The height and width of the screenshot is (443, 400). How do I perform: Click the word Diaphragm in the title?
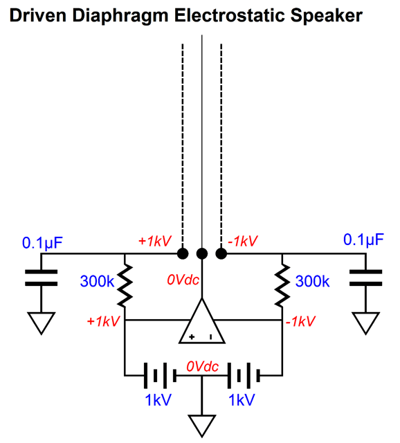coord(120,16)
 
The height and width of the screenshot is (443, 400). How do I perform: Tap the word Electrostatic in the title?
coord(229,15)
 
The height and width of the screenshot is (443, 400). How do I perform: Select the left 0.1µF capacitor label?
coord(42,243)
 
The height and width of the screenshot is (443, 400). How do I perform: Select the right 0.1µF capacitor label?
coord(363,240)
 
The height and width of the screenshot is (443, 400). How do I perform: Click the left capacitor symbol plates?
coord(42,278)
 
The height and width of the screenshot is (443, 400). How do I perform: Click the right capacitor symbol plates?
coord(365,278)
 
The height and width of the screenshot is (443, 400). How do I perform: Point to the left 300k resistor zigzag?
coord(125,285)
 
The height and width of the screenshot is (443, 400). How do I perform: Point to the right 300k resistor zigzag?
coord(282,285)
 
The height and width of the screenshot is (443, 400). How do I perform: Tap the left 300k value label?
coord(97,282)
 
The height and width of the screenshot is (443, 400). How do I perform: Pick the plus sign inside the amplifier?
coord(192,337)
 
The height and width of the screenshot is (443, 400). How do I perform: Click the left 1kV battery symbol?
coord(160,376)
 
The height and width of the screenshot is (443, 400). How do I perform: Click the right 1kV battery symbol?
coord(244,376)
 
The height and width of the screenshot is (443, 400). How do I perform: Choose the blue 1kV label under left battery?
coord(158,400)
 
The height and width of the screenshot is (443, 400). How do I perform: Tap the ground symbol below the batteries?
coord(202,426)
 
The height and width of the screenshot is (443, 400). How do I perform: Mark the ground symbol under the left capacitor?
coord(42,323)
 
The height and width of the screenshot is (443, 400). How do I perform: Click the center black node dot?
coord(202,253)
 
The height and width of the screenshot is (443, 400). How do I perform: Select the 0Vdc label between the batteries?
coord(202,367)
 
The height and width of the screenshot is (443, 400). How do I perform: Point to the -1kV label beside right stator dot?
coord(243,242)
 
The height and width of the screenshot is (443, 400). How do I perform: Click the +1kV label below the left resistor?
coord(103,321)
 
